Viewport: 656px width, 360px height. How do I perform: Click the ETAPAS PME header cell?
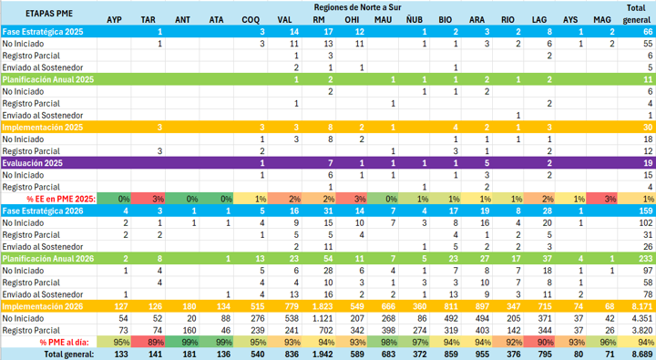(x=49, y=14)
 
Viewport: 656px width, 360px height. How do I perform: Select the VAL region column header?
(x=284, y=20)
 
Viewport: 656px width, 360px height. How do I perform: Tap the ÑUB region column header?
(x=415, y=20)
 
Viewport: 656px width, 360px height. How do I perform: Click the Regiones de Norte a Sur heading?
(x=357, y=7)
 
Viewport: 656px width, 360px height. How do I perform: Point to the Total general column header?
(x=636, y=14)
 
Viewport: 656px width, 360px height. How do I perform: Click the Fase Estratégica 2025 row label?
(x=43, y=32)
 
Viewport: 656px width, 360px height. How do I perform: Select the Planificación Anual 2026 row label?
(x=48, y=259)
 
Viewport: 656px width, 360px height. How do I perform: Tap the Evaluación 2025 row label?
(x=32, y=163)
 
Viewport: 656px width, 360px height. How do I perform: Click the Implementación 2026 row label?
(x=43, y=306)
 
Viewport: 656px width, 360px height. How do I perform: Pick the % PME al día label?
(x=65, y=343)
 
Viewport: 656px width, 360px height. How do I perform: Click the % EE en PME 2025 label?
(x=61, y=199)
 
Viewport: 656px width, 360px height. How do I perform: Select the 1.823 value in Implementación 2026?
(x=323, y=306)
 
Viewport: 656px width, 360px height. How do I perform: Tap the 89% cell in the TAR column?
(x=156, y=343)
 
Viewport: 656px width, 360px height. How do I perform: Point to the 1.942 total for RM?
(x=323, y=355)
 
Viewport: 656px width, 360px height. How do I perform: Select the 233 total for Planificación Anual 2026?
(x=646, y=259)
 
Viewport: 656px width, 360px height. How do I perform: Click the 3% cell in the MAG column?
(x=610, y=199)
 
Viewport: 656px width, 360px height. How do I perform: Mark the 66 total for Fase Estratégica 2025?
(x=648, y=32)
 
